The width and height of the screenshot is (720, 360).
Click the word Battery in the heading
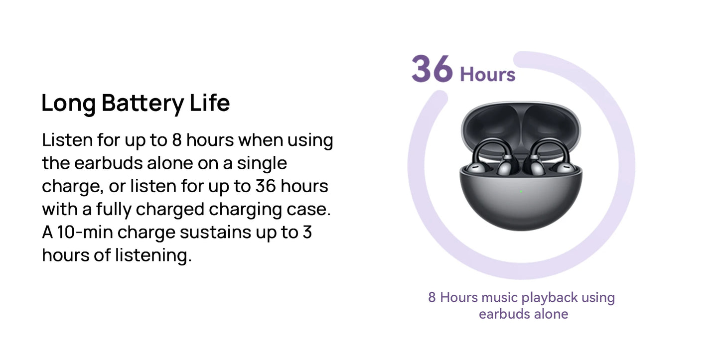point(143,104)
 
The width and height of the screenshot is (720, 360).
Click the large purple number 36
point(432,69)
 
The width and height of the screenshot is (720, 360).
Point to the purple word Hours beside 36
point(488,75)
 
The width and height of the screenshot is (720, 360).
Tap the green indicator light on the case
point(521,192)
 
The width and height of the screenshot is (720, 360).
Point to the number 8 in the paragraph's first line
point(177,140)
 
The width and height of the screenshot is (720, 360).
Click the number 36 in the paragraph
point(266,186)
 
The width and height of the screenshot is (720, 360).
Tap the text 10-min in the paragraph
point(85,232)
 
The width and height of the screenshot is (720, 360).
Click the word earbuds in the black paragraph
point(108,163)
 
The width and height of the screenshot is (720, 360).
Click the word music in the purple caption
point(500,298)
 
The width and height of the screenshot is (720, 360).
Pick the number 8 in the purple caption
point(432,298)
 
